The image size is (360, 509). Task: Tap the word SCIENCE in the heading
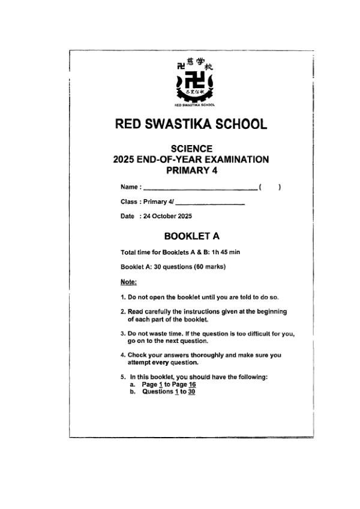tap(191, 149)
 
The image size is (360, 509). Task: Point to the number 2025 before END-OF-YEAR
tap(124, 159)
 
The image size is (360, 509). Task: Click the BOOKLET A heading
tap(191, 236)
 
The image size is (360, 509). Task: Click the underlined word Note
tap(128, 281)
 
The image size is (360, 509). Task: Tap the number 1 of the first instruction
tap(122, 297)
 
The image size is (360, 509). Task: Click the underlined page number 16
tap(192, 384)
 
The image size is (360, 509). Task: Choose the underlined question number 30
tap(191, 391)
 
